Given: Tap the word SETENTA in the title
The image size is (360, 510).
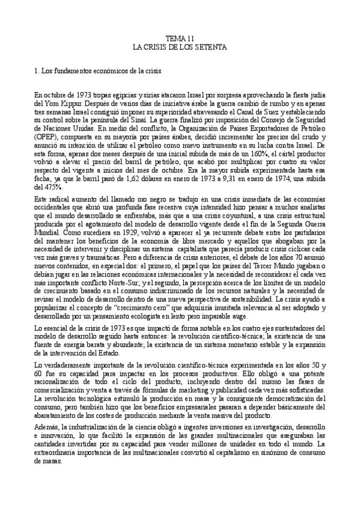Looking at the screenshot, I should (x=206, y=46).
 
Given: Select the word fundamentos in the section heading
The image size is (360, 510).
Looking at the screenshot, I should (x=76, y=71).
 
